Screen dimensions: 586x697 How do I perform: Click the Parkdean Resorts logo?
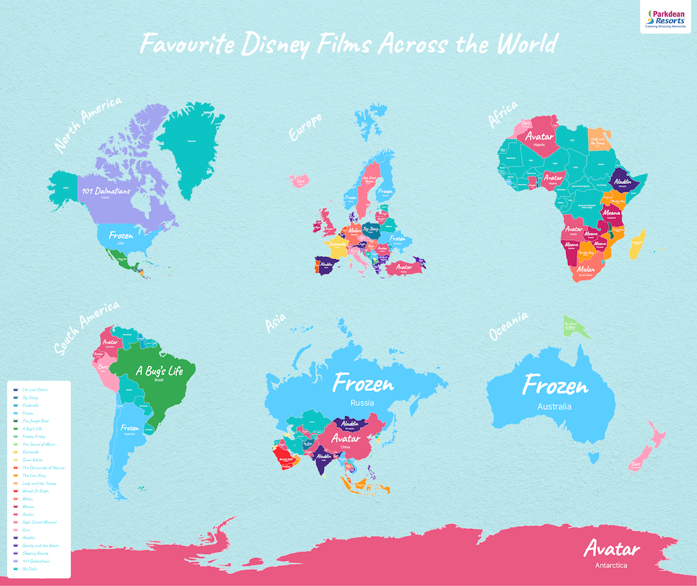point(666,17)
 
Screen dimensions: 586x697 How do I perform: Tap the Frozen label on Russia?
point(362,383)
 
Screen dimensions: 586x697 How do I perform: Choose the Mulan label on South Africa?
point(585,268)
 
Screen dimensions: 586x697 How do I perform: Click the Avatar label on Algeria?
point(539,137)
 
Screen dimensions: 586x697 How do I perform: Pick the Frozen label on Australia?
point(556,385)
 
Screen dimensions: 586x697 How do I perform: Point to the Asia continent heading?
point(277,324)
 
